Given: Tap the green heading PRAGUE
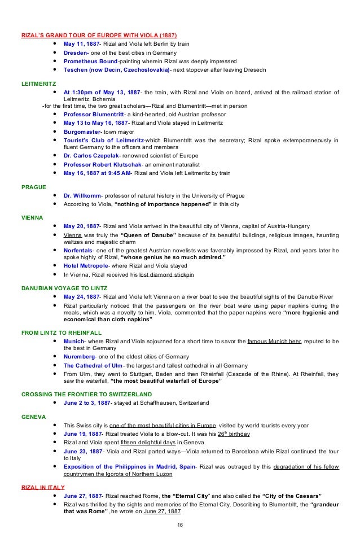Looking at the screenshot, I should (x=33, y=185).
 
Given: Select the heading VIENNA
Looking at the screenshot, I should (x=32, y=217).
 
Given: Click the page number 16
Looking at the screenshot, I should (x=179, y=524).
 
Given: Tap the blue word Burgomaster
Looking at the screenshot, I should (x=84, y=132).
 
